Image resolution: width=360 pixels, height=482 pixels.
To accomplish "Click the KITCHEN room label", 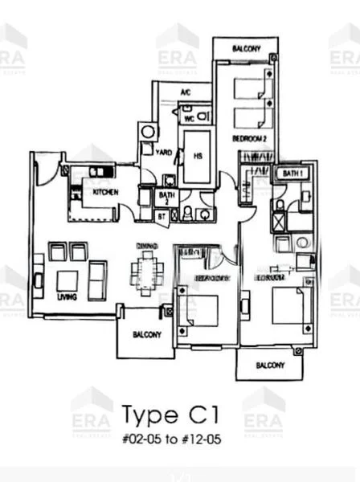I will pyautogui.click(x=107, y=193).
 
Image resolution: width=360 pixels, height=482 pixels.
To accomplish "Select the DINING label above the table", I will pyautogui.click(x=147, y=245).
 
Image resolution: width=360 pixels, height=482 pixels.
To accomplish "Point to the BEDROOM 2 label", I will pyautogui.click(x=249, y=138).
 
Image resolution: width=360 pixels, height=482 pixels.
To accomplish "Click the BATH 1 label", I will pyautogui.click(x=290, y=174).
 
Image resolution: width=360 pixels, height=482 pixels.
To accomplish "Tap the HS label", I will pyautogui.click(x=196, y=156).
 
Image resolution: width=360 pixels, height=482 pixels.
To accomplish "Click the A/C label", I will pyautogui.click(x=185, y=92).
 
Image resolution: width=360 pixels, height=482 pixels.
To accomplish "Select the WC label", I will pyautogui.click(x=190, y=118).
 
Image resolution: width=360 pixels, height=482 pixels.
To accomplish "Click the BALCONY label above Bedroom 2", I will pyautogui.click(x=246, y=49).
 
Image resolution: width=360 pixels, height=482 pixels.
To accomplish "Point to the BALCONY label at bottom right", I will pyautogui.click(x=270, y=366).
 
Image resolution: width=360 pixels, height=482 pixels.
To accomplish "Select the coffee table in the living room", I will pyautogui.click(x=67, y=280).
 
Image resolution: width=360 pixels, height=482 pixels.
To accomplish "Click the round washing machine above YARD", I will pyautogui.click(x=147, y=131).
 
